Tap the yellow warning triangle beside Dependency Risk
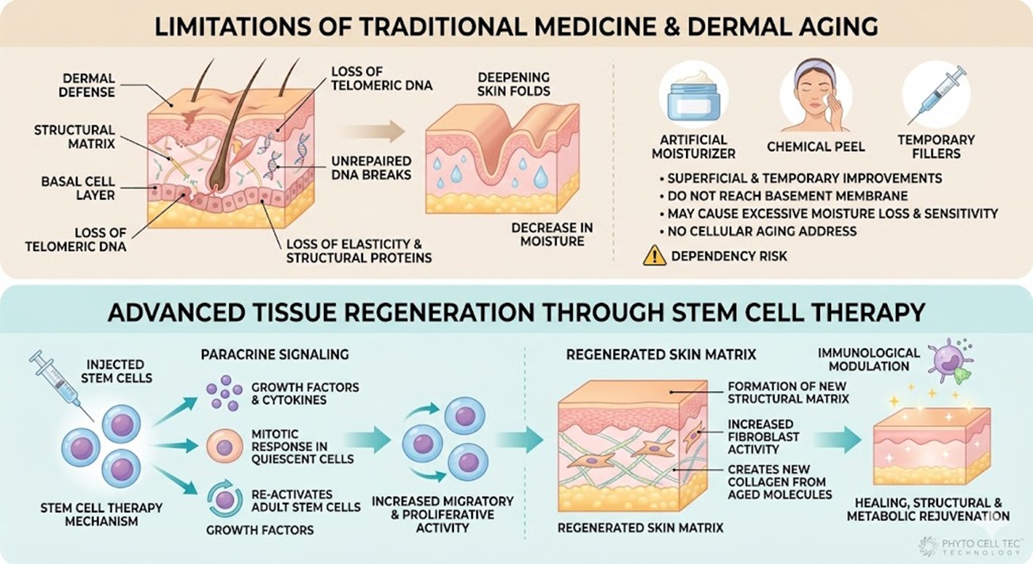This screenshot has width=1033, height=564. coord(654,255)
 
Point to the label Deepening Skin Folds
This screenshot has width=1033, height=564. coord(514,85)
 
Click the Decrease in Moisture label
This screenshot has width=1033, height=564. coord(552,234)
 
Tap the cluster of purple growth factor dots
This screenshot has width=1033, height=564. coord(224,394)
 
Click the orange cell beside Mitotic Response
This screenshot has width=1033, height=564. coord(224,448)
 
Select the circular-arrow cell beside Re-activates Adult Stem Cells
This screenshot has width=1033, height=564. coord(224,499)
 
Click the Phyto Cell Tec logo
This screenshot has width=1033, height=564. coord(972,546)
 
